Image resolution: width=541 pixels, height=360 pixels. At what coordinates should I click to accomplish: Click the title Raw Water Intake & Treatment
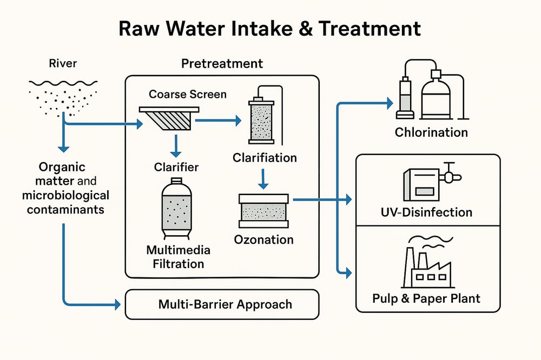[270, 28]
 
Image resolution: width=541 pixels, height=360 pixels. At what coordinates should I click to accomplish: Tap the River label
[63, 64]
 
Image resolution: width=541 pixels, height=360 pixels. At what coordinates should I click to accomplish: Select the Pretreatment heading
[222, 64]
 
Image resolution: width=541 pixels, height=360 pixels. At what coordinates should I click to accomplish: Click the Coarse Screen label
[188, 94]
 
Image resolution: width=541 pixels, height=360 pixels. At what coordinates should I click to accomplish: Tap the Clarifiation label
[265, 158]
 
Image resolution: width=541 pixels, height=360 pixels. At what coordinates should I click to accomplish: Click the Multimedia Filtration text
[175, 257]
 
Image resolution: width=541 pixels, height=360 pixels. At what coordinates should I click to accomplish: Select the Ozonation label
[264, 239]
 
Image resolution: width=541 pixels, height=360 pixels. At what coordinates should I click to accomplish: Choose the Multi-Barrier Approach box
[222, 304]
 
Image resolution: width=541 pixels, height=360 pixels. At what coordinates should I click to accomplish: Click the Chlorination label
[431, 132]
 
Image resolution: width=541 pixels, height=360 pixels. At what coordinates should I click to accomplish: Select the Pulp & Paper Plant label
[426, 298]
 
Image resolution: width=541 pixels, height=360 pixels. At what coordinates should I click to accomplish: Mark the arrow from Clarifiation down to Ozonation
[263, 178]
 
